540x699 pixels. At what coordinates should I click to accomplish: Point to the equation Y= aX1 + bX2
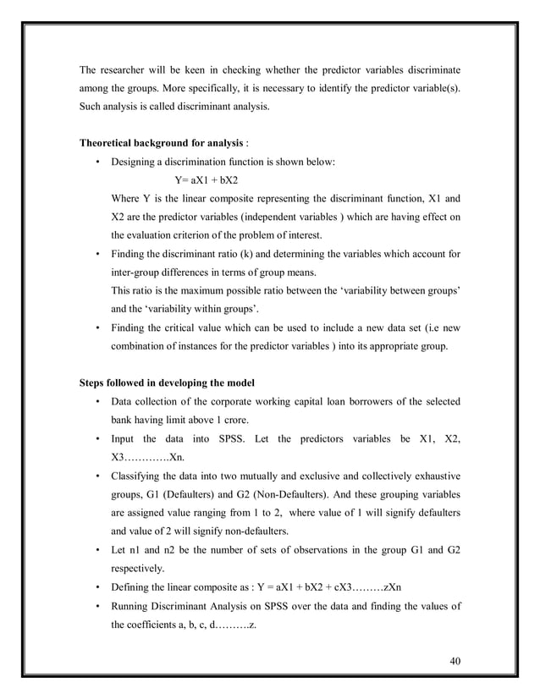tap(206, 180)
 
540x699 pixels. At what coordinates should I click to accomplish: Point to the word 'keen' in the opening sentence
tap(205, 69)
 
